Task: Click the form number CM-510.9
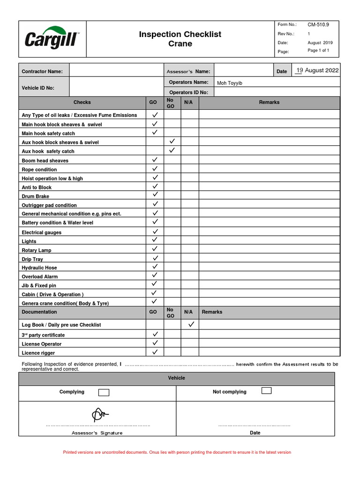click(318, 24)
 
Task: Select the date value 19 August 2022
click(317, 70)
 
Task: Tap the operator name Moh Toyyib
click(229, 83)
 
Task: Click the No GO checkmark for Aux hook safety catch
click(172, 150)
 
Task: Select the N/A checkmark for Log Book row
click(190, 324)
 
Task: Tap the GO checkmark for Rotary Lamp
click(155, 249)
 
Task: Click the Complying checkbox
click(104, 392)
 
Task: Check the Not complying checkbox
click(266, 391)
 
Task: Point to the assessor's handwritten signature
click(99, 414)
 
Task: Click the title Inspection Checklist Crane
click(180, 39)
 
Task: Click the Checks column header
click(82, 102)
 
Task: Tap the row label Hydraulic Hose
click(39, 268)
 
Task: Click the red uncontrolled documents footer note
click(177, 452)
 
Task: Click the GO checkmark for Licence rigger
click(155, 352)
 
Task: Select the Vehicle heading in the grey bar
click(177, 378)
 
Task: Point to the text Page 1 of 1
click(318, 51)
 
